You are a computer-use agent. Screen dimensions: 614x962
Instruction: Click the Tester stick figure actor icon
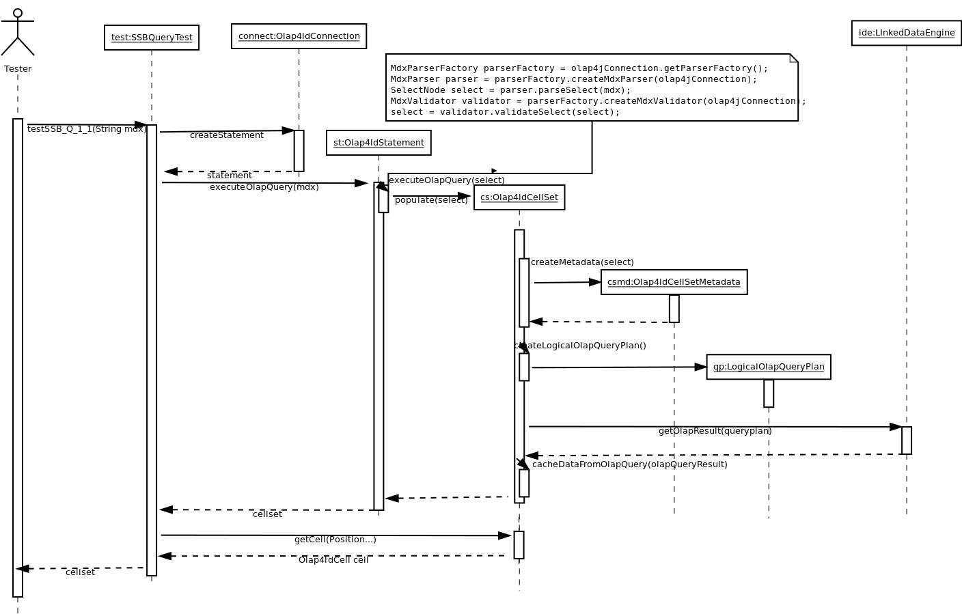[x=18, y=33]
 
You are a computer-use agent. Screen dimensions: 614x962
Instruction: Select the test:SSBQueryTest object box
[x=152, y=38]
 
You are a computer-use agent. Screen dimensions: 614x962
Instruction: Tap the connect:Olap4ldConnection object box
[x=299, y=36]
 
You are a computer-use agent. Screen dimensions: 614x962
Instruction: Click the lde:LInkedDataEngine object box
[x=906, y=33]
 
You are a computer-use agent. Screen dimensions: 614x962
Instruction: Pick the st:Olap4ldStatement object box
[x=379, y=143]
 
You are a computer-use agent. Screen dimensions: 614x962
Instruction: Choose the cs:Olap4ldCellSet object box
[x=519, y=197]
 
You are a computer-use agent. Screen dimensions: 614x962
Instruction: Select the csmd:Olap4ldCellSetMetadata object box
[x=674, y=282]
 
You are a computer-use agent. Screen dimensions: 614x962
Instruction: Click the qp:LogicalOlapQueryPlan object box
[x=768, y=367]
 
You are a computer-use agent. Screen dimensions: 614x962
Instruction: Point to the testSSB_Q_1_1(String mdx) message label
[x=87, y=129]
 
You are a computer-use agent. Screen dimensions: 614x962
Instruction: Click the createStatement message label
[x=226, y=135]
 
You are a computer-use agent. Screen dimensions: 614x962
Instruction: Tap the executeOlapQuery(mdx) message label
[x=264, y=187]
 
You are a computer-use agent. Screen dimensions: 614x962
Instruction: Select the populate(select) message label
[x=431, y=200]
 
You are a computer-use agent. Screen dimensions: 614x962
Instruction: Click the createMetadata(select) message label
[x=582, y=262]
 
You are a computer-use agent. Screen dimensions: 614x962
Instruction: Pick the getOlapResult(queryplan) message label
[x=715, y=431]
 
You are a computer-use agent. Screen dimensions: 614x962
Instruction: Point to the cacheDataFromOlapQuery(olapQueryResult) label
[x=629, y=464]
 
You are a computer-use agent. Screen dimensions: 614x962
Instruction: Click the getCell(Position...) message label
[x=335, y=540]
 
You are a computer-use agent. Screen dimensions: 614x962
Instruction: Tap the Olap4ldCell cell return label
[x=333, y=560]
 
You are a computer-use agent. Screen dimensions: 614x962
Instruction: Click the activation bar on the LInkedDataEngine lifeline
[x=906, y=441]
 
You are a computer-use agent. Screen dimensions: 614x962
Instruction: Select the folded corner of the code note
[x=794, y=58]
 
